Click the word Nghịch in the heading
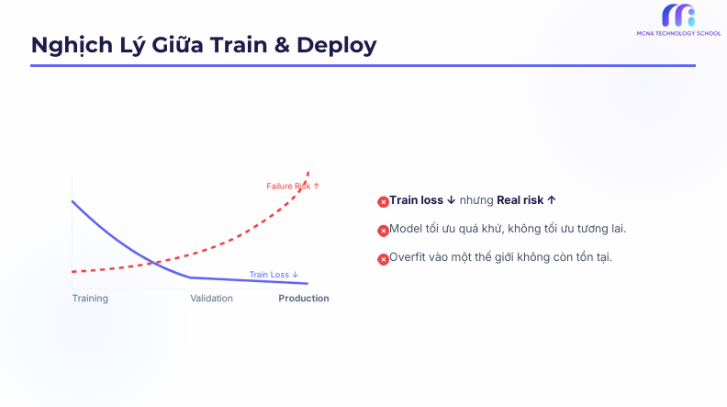(70, 45)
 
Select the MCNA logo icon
(678, 16)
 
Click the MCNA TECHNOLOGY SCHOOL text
(678, 34)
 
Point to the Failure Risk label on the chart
(293, 187)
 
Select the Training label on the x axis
(90, 299)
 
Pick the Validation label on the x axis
(211, 299)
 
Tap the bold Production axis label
(304, 299)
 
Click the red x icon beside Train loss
(383, 201)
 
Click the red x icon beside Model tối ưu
(383, 230)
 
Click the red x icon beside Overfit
(383, 258)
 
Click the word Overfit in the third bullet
(408, 256)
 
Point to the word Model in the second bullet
(405, 228)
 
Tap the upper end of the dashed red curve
(308, 173)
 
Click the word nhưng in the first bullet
(476, 200)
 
